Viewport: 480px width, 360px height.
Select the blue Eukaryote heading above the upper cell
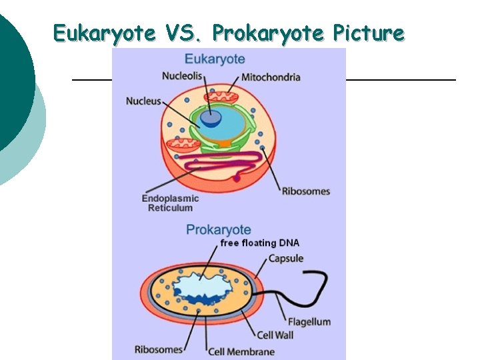(215, 59)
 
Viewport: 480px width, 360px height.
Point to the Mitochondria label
(271, 77)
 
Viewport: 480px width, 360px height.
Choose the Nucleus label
(143, 101)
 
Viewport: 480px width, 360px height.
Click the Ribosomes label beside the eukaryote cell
(305, 191)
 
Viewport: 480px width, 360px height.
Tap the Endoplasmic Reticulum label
(170, 203)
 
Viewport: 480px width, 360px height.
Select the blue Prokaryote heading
(219, 229)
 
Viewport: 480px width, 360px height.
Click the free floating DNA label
(259, 243)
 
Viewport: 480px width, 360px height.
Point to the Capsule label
(285, 258)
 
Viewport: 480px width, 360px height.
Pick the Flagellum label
(309, 321)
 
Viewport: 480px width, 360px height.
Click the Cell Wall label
(275, 335)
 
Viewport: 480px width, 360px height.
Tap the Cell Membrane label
(241, 351)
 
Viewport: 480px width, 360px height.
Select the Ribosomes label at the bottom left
(159, 349)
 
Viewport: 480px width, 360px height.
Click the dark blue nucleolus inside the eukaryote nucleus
(212, 118)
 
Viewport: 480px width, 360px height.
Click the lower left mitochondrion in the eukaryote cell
(182, 144)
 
